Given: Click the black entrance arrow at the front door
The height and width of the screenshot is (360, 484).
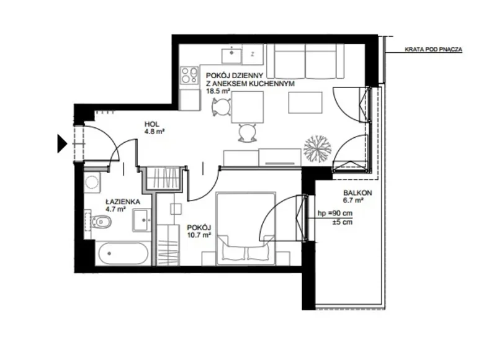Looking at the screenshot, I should [x=61, y=143].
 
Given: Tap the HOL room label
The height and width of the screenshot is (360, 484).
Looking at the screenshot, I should [x=151, y=124].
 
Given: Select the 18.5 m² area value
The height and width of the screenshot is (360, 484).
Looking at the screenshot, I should [x=218, y=90].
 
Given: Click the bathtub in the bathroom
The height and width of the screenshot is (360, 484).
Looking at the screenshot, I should [x=123, y=254].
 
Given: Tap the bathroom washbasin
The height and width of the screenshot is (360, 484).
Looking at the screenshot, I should [x=141, y=219].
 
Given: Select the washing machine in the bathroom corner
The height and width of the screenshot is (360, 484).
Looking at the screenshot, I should [x=92, y=182].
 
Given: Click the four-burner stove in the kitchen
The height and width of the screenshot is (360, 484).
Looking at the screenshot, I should [x=187, y=76].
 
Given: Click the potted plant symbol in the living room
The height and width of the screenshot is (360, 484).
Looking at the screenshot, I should [x=316, y=149].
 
